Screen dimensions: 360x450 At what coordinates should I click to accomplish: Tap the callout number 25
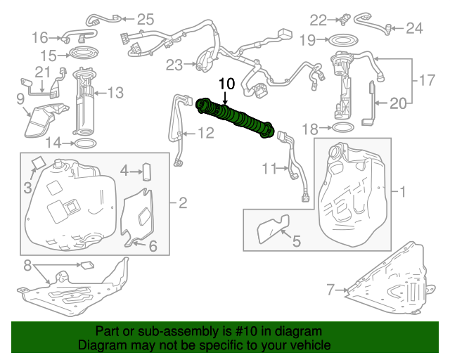pyautogui.click(x=144, y=19)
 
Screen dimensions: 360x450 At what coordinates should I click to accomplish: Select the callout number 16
pyautogui.click(x=39, y=37)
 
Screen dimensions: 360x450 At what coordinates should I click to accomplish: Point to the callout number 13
pyautogui.click(x=115, y=91)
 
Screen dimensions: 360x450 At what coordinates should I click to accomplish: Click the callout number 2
pyautogui.click(x=182, y=204)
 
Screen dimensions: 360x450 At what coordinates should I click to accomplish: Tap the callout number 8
pyautogui.click(x=28, y=266)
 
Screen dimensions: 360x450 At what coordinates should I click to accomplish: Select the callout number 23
pyautogui.click(x=174, y=65)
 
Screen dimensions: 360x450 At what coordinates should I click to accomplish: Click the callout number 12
pyautogui.click(x=205, y=131)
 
